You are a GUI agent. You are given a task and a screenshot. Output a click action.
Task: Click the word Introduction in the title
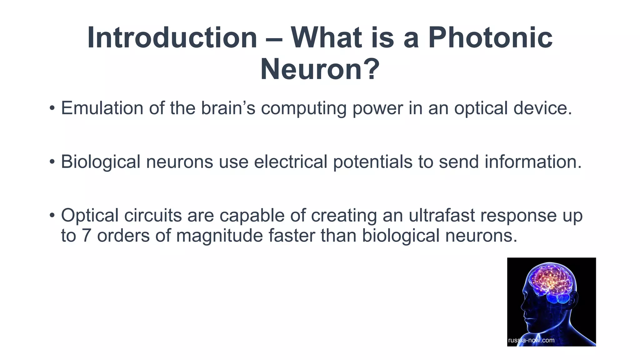[172, 38]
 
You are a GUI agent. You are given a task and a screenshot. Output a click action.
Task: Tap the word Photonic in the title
[490, 38]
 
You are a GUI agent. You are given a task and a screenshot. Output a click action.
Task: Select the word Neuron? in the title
[320, 69]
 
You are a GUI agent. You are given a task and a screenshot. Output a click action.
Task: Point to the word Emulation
[102, 108]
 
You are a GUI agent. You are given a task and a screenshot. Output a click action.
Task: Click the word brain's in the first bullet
[228, 108]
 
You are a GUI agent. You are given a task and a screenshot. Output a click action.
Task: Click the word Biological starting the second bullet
[100, 162]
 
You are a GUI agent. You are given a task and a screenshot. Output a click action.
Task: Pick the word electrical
[290, 162]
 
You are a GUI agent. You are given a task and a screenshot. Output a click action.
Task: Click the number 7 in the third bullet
[86, 236]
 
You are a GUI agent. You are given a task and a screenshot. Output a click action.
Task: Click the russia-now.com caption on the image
[531, 340]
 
